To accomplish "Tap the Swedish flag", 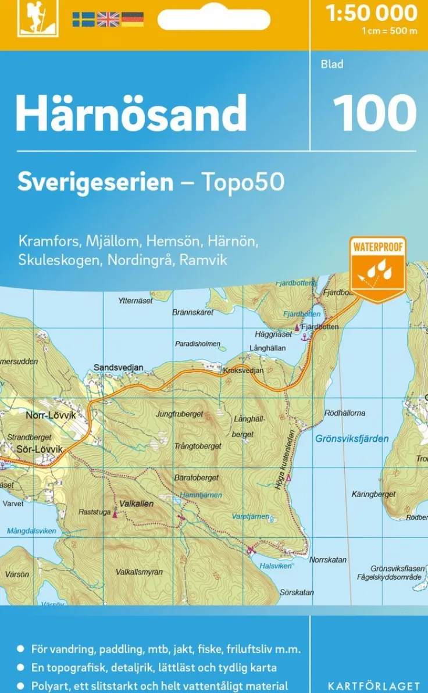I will click(x=83, y=20).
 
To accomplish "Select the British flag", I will click(x=108, y=20).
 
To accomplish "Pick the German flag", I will click(x=133, y=20).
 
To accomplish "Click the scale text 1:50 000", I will click(x=372, y=13).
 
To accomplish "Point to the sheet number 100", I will click(x=374, y=113).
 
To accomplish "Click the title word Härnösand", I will click(x=131, y=113).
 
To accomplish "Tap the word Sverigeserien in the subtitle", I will click(x=95, y=183).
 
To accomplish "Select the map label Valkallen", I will click(x=137, y=503).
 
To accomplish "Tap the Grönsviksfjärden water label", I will click(x=352, y=438).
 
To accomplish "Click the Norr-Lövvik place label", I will click(x=51, y=416).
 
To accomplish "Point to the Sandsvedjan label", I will click(x=118, y=368).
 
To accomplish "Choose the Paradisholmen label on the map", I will click(x=198, y=344).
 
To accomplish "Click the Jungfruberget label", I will click(x=180, y=414).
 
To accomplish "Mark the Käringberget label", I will click(x=373, y=494).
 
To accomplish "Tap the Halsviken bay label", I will click(x=276, y=566).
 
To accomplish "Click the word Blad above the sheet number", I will click(x=332, y=64).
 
